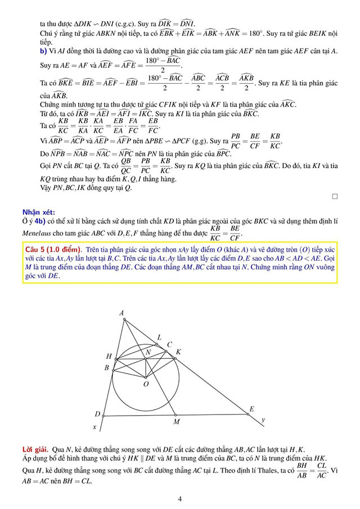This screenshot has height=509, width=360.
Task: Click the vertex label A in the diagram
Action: [121, 313]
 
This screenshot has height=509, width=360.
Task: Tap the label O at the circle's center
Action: [146, 384]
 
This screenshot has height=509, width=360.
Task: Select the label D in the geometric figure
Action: [97, 415]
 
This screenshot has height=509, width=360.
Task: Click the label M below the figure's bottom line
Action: [176, 421]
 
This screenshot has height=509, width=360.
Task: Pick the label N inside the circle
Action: [148, 352]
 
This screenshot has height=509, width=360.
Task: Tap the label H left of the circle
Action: [109, 356]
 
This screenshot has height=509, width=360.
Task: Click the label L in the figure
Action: [159, 337]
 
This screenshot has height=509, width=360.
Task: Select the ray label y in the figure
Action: [263, 420]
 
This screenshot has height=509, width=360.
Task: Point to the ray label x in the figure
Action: [94, 427]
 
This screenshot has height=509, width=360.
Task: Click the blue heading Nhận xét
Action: [39, 212]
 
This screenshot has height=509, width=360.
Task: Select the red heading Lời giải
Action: [35, 450]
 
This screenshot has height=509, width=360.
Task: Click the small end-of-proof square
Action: [335, 196]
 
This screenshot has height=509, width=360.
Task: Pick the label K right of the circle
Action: [178, 352]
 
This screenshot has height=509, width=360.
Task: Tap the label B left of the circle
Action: [107, 367]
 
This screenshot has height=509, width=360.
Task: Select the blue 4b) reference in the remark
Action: [55, 222]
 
